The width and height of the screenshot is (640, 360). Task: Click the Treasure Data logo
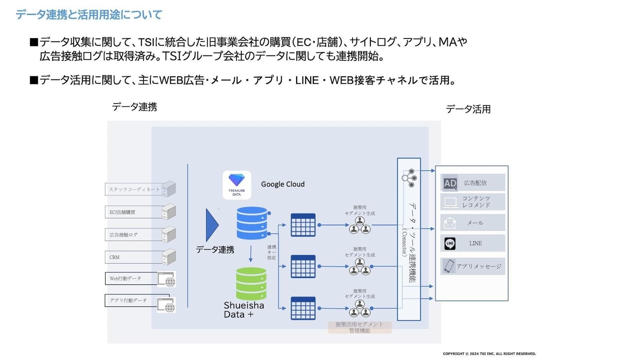coord(237,185)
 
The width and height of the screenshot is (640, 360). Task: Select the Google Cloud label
coord(283,184)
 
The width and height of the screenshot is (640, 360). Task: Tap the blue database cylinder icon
coord(252,223)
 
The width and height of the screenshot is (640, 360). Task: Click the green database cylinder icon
coord(251,284)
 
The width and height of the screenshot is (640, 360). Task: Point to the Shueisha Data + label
coord(244,310)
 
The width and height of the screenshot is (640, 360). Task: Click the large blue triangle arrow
coord(212,225)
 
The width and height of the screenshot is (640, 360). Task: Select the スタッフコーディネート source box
coord(134,189)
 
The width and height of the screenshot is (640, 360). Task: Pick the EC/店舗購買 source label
coord(122,212)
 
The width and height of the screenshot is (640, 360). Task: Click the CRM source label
coord(114,257)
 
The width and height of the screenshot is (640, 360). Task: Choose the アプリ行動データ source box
coord(132,300)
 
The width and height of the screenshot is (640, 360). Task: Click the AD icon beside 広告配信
coord(450,183)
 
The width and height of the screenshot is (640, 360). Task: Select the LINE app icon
coord(450,243)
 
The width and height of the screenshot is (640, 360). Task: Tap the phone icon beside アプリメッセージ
coord(449,266)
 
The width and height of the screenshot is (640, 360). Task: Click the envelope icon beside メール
coord(450,223)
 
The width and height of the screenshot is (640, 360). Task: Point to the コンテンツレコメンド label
coord(476,202)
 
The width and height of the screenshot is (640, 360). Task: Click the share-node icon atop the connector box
coord(409,178)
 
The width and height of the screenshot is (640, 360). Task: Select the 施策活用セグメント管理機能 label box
coord(360,327)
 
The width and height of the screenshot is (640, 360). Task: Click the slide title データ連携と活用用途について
coord(89,15)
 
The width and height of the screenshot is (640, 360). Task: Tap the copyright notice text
coord(489,354)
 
